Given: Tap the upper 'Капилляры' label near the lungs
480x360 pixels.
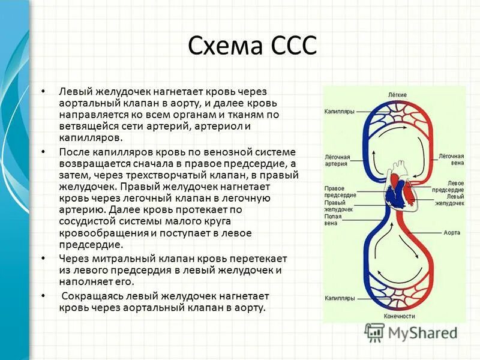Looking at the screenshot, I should pos(339,112).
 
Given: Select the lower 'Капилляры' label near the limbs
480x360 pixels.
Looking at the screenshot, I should pos(339,298).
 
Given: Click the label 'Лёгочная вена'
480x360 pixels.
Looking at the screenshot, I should pos(451,159).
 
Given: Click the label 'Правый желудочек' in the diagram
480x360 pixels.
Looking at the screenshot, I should pos(339,206).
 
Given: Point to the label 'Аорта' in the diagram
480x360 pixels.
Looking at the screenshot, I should pos(452,232).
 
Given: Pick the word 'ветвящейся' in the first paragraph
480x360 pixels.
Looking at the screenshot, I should pos(85,126).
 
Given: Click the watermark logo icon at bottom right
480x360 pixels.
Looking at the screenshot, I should pos(374,332).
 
